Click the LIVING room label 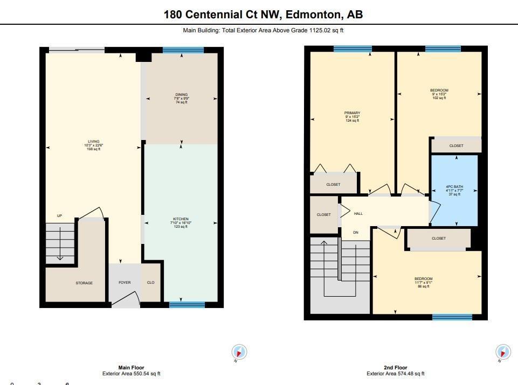pos(94,142)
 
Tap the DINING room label pos(181,95)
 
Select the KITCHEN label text pos(181,219)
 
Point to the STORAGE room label pos(84,283)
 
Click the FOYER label pos(125,283)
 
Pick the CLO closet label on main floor pos(151,283)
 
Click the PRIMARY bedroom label pos(352,113)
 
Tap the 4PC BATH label pos(454,187)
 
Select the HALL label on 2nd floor pos(358,214)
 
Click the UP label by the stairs pos(59,216)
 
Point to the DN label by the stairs pos(355,233)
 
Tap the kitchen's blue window pos(187,305)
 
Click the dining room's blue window pos(183,50)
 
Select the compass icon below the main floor pos(239,352)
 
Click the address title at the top pos(263,15)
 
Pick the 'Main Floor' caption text pos(131,368)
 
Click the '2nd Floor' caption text pos(395,368)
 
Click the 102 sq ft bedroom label pos(439,90)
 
